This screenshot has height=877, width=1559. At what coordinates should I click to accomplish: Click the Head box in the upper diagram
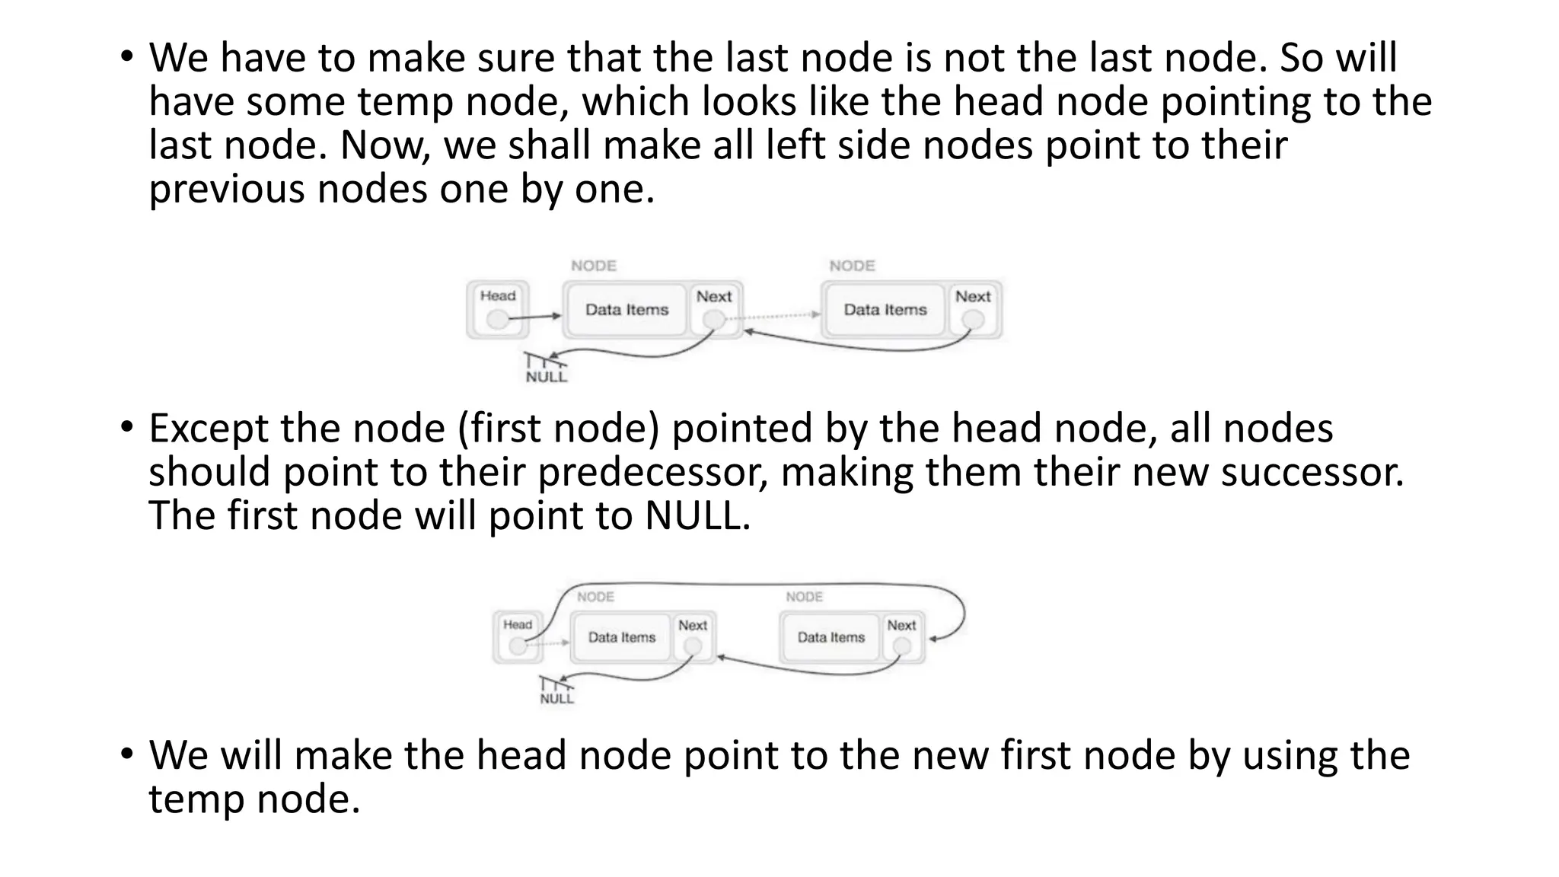tap(498, 309)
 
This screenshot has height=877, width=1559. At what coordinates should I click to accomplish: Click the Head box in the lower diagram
tap(518, 636)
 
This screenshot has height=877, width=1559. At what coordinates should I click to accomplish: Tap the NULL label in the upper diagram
tap(547, 377)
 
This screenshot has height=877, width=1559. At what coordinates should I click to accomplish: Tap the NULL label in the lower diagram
tap(556, 699)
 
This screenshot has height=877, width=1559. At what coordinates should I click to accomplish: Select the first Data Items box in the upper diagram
tap(626, 310)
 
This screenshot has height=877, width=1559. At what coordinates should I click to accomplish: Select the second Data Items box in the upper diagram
tap(885, 310)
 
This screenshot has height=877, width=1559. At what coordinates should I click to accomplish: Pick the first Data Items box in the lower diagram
tap(621, 637)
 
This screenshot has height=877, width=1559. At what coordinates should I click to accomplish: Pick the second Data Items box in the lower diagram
tap(831, 637)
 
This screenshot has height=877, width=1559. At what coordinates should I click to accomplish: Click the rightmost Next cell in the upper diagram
tap(973, 308)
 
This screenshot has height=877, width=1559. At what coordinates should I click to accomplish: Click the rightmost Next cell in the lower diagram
tap(901, 636)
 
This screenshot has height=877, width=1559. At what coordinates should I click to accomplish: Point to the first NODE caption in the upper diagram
tap(594, 266)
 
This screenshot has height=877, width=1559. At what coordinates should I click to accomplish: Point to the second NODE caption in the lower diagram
tap(804, 597)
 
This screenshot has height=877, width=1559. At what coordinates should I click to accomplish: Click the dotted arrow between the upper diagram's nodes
tap(780, 314)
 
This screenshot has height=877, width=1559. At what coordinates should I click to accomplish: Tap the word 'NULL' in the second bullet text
tap(696, 516)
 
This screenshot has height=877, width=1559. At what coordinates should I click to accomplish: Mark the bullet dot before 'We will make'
tap(126, 754)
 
